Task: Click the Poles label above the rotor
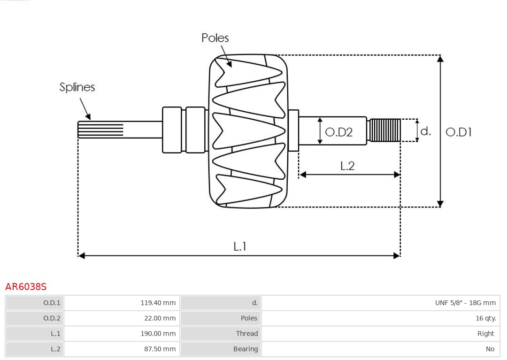(215, 38)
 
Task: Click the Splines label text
(77, 87)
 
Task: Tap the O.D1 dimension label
(458, 132)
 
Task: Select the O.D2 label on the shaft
(338, 132)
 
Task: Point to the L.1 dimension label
(240, 246)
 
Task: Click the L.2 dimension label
(347, 166)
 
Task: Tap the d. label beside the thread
(425, 131)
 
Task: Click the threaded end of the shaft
(385, 130)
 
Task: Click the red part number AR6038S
(26, 287)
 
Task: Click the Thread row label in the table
(247, 334)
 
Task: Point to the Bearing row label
(246, 349)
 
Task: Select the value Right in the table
(485, 334)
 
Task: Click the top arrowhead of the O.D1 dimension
(440, 59)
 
